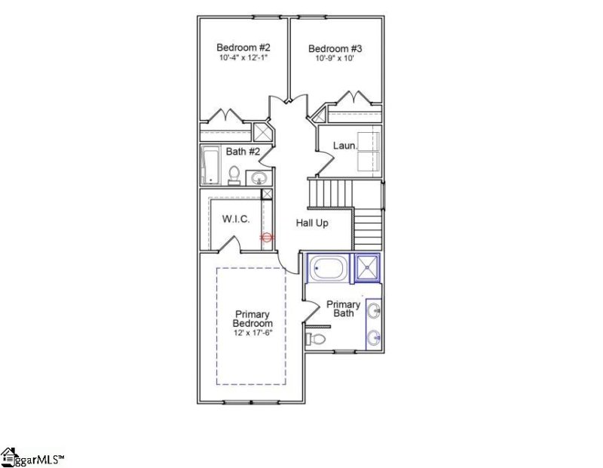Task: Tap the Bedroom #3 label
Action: pos(334,49)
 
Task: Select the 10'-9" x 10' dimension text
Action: pos(334,60)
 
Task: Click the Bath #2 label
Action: pos(243,152)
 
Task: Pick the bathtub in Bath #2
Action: pos(210,165)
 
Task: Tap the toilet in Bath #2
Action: pos(234,176)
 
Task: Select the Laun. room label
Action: pos(344,144)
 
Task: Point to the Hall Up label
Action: pos(311,223)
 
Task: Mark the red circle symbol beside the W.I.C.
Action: pos(265,237)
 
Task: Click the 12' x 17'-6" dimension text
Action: pos(252,333)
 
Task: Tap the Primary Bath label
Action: pos(343,309)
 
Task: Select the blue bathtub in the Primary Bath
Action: pos(329,268)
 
